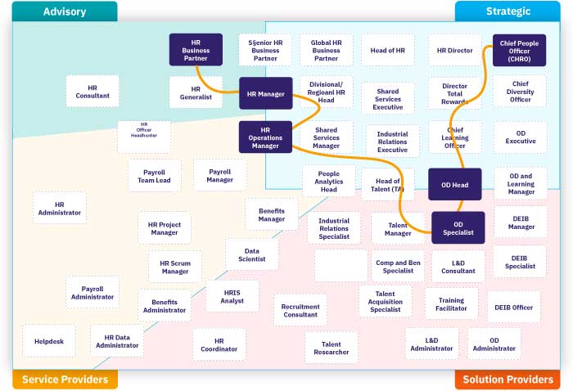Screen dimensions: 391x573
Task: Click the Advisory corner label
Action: click(65, 11)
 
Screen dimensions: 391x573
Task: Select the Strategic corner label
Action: click(508, 11)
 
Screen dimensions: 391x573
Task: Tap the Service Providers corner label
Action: click(65, 380)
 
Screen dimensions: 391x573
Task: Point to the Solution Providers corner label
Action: click(508, 380)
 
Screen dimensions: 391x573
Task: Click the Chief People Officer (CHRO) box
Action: click(520, 50)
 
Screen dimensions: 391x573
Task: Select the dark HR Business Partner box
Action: click(196, 50)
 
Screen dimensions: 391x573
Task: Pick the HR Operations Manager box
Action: click(265, 137)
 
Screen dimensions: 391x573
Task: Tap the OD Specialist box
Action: click(458, 228)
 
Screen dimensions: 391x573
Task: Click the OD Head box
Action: click(454, 185)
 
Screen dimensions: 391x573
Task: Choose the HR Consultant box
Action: click(92, 92)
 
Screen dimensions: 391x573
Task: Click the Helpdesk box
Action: click(49, 340)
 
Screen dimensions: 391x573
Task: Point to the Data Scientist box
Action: click(252, 254)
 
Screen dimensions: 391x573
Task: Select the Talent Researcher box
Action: click(332, 348)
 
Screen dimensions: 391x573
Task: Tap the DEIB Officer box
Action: click(514, 308)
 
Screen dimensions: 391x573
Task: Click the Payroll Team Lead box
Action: click(154, 176)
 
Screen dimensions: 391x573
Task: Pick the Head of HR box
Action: click(387, 51)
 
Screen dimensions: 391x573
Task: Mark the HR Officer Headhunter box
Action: click(144, 137)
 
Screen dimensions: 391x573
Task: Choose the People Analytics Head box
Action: click(328, 182)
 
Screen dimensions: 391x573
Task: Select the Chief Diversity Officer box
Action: click(520, 91)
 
